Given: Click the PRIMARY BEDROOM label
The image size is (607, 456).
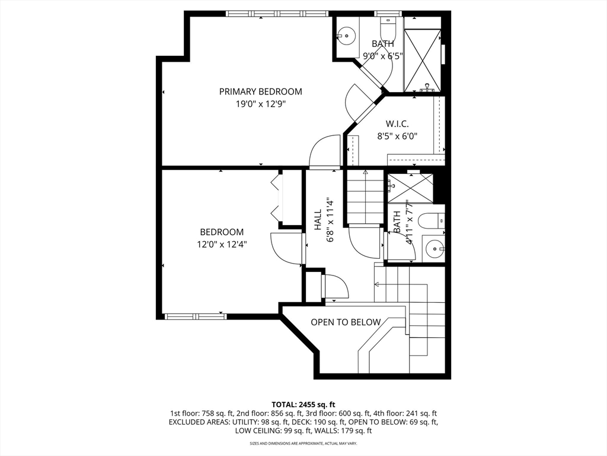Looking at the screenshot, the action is pos(261,91).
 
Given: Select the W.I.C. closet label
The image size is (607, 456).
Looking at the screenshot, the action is pos(397,124).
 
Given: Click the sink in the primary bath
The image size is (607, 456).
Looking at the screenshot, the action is pos(346,36).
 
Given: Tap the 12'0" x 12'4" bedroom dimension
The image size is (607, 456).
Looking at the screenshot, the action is pos(222,244).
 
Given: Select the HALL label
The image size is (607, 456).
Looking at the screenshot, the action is pos(318,220).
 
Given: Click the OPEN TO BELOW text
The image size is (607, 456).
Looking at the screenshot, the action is pos(346,322).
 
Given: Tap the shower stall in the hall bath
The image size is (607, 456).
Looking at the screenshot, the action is pos(410,188).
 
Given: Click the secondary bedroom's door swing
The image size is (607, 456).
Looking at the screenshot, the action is pos(286,248).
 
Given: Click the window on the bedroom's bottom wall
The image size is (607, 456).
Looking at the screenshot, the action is pos(196,316).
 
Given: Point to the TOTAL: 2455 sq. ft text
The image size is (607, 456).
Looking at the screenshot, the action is pos(303,405).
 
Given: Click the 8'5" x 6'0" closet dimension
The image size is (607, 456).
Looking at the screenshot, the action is pos(397,137).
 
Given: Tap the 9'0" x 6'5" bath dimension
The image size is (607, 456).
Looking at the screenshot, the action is pos(383,56).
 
